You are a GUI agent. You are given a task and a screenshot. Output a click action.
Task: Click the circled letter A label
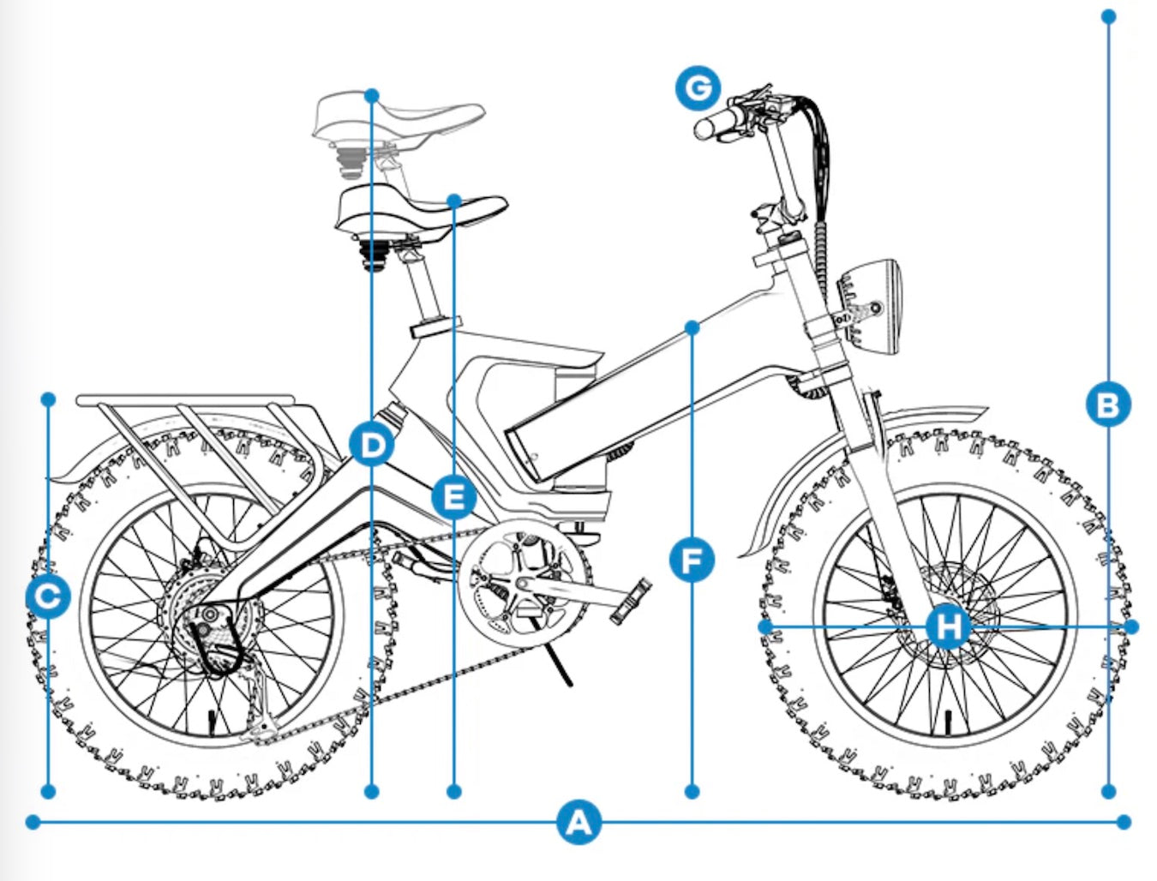click(x=578, y=823)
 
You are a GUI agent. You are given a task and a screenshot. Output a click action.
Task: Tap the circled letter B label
click(x=1108, y=404)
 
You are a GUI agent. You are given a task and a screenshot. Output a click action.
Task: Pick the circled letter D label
click(x=371, y=445)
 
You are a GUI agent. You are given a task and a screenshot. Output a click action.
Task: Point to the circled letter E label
click(x=454, y=496)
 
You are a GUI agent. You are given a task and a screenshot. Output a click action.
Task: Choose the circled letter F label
click(x=692, y=561)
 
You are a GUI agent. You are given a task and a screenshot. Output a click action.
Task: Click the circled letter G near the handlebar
click(x=698, y=88)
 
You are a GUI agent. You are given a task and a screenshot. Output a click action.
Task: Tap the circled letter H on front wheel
click(x=948, y=626)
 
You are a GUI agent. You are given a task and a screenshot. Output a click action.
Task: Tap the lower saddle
click(x=420, y=210)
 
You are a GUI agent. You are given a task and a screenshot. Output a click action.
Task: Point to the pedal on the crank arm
click(x=631, y=601)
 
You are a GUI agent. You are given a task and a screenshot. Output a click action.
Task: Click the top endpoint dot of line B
click(x=1108, y=16)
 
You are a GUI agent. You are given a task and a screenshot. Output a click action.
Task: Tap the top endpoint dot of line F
click(x=692, y=327)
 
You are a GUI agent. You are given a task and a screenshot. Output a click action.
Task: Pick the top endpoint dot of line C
click(x=49, y=399)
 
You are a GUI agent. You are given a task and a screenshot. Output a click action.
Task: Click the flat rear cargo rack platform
click(x=184, y=400)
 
